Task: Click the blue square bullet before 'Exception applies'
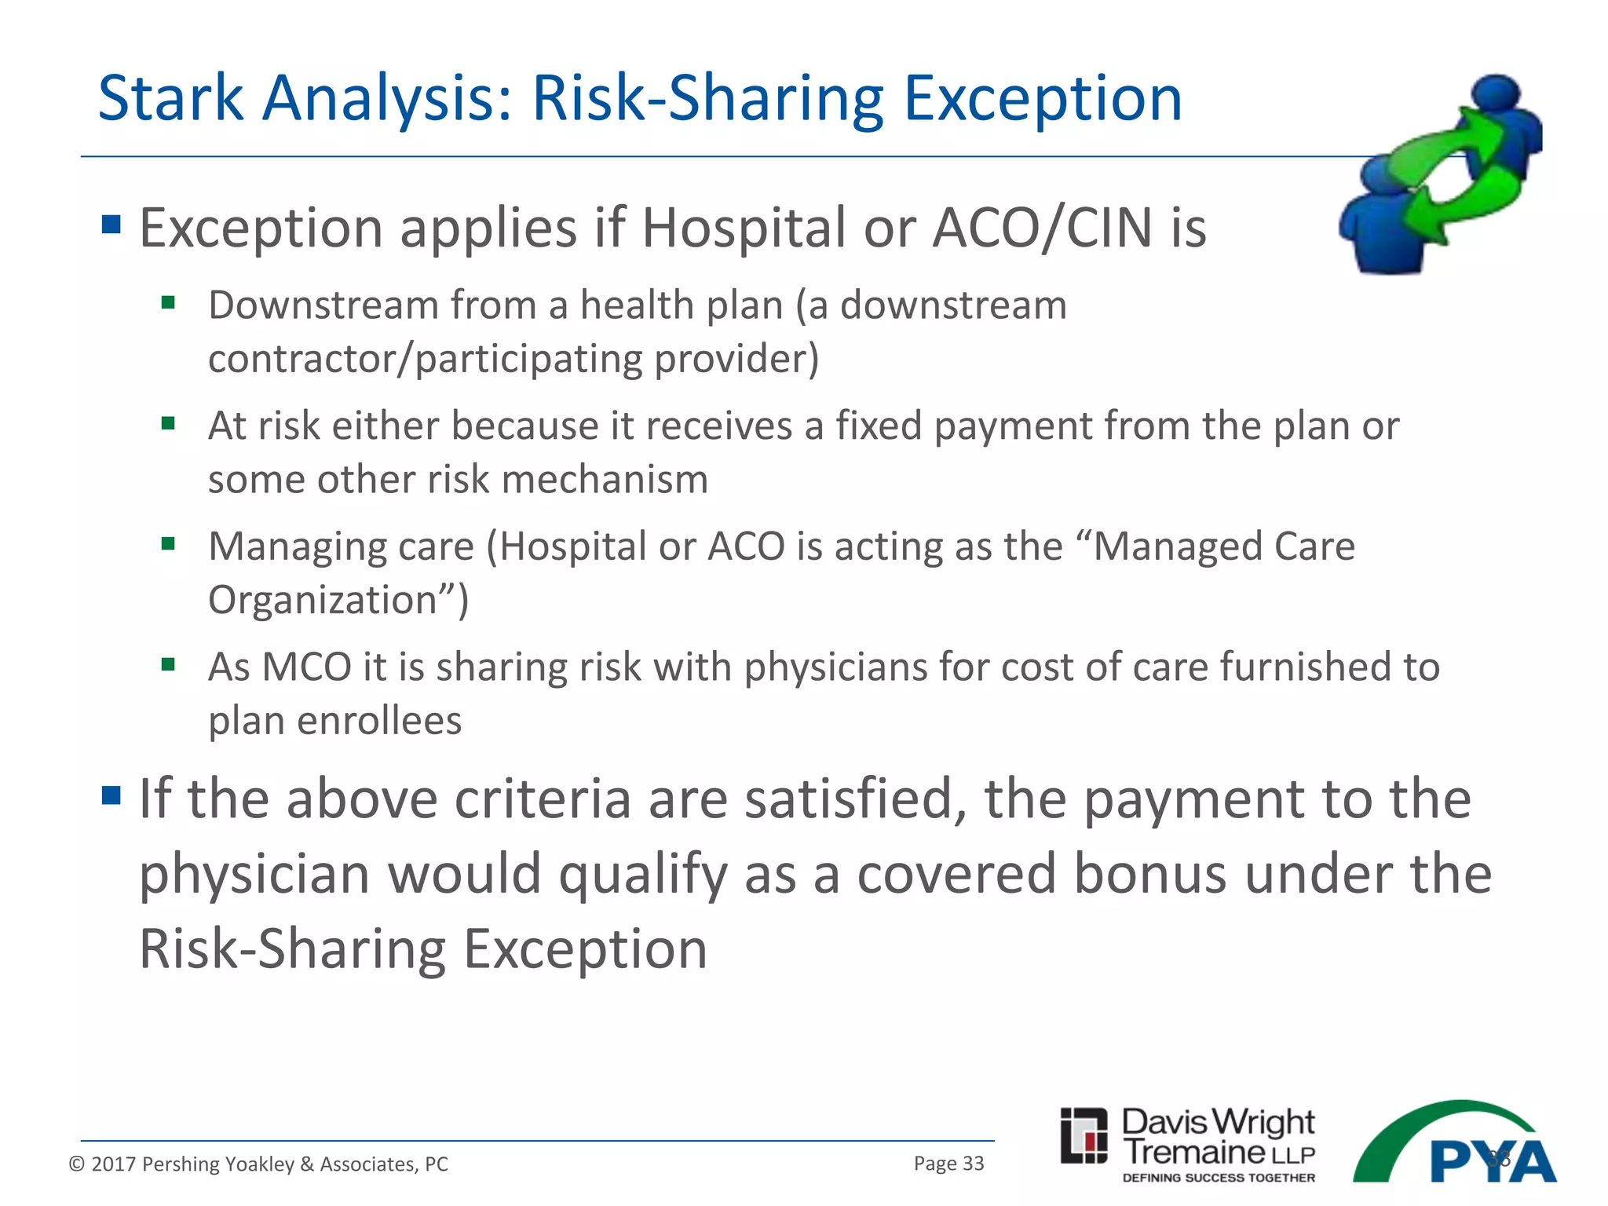tap(111, 225)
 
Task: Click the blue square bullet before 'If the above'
tap(111, 796)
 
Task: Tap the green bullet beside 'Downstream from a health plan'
tap(168, 302)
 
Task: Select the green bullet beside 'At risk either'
tap(168, 424)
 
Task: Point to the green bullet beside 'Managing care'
tap(168, 544)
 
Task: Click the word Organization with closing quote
tap(338, 601)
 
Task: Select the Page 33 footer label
tap(948, 1164)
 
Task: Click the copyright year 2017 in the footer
tap(114, 1164)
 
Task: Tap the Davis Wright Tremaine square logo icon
tap(1084, 1135)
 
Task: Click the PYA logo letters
tap(1492, 1161)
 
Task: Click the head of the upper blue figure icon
tap(1495, 94)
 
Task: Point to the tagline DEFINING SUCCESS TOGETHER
tap(1219, 1178)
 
